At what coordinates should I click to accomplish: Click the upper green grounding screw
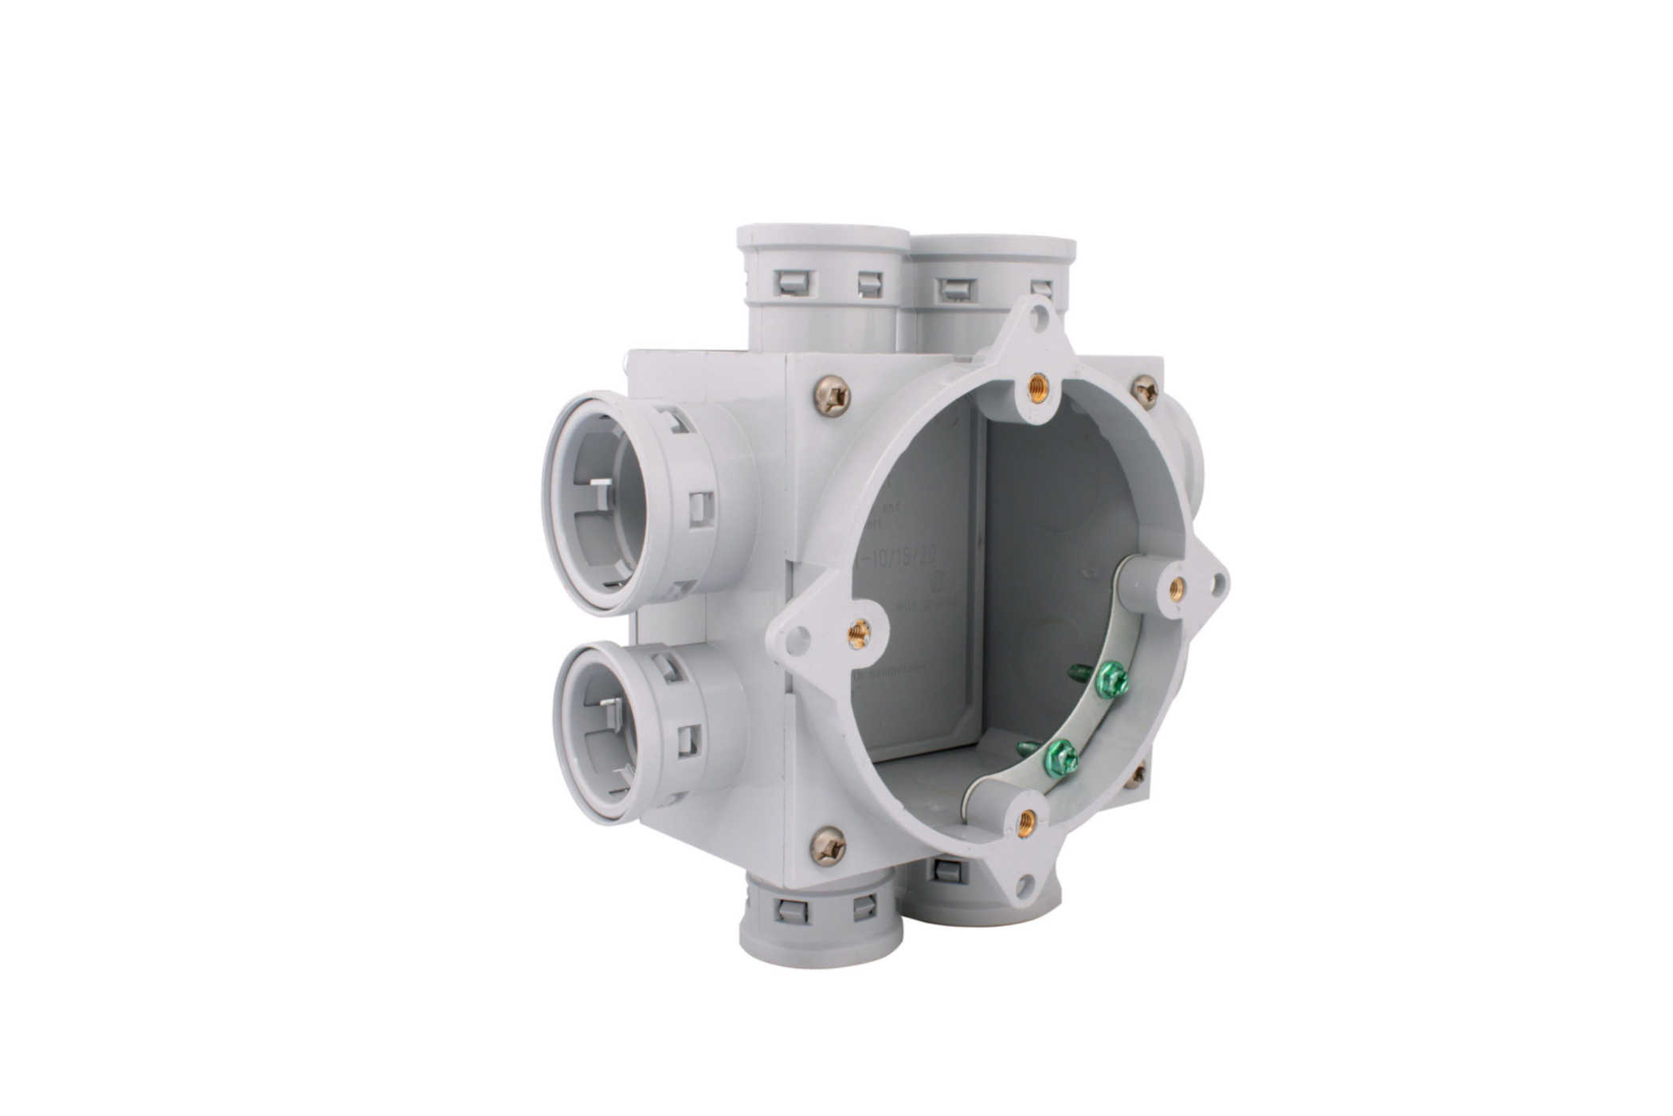[1111, 680]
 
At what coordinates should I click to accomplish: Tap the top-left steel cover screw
[833, 396]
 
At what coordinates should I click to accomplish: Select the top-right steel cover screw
[1145, 391]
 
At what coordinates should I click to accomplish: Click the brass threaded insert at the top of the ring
[1037, 389]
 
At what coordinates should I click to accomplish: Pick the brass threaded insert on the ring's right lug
[1176, 590]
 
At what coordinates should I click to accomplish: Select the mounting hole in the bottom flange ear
[1026, 883]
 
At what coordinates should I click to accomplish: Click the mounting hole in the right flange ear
[1217, 584]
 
